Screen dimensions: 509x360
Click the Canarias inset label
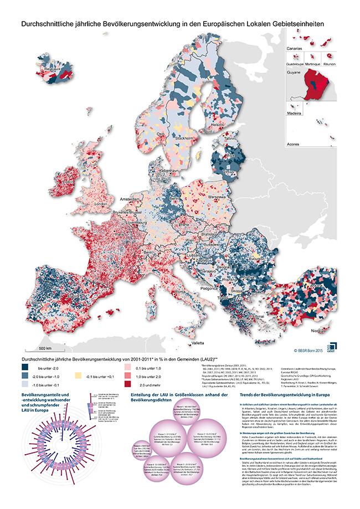294,49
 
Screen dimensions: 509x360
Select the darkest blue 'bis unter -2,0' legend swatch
26,367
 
